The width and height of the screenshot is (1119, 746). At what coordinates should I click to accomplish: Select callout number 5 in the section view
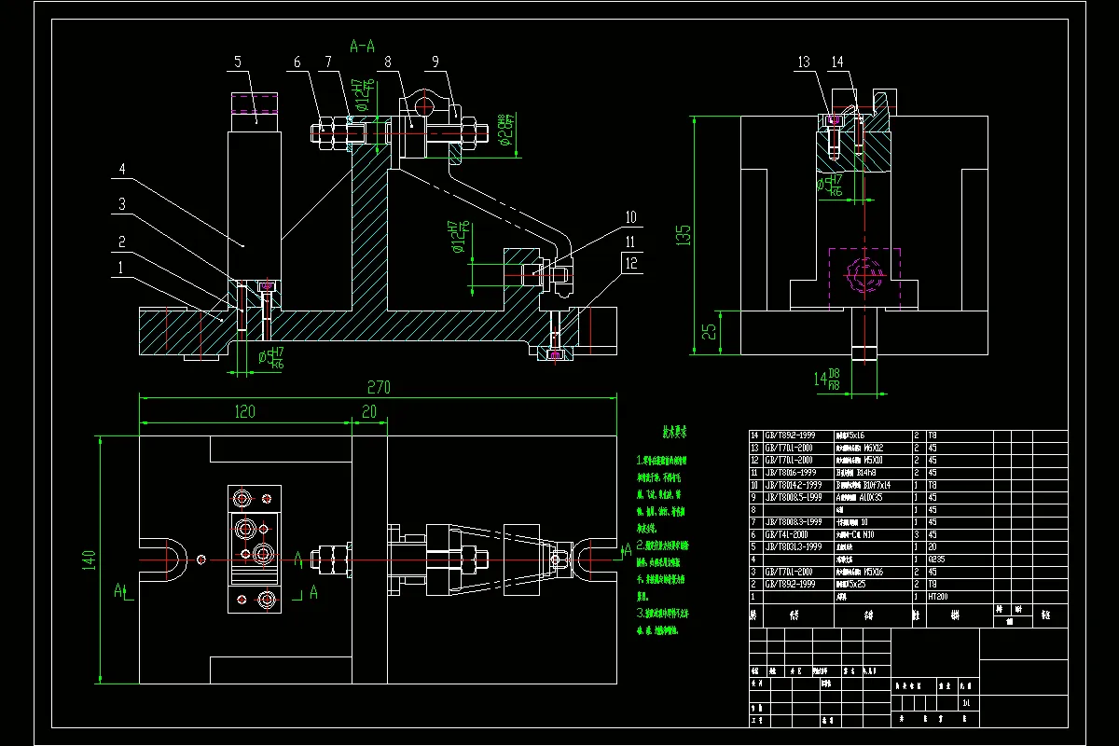point(238,62)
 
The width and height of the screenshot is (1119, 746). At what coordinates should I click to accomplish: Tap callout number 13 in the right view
point(805,62)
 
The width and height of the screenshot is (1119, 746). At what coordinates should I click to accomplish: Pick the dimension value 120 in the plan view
point(244,411)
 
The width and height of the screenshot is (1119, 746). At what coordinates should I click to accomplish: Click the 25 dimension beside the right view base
point(709,330)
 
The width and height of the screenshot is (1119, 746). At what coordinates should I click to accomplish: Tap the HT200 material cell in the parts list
point(938,596)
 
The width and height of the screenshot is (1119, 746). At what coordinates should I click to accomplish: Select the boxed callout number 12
point(632,263)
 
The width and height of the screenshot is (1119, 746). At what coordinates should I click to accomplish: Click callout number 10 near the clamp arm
point(630,217)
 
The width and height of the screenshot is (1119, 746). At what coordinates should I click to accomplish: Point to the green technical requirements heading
point(674,433)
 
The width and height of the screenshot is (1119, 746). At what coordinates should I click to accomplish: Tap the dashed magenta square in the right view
point(865,276)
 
